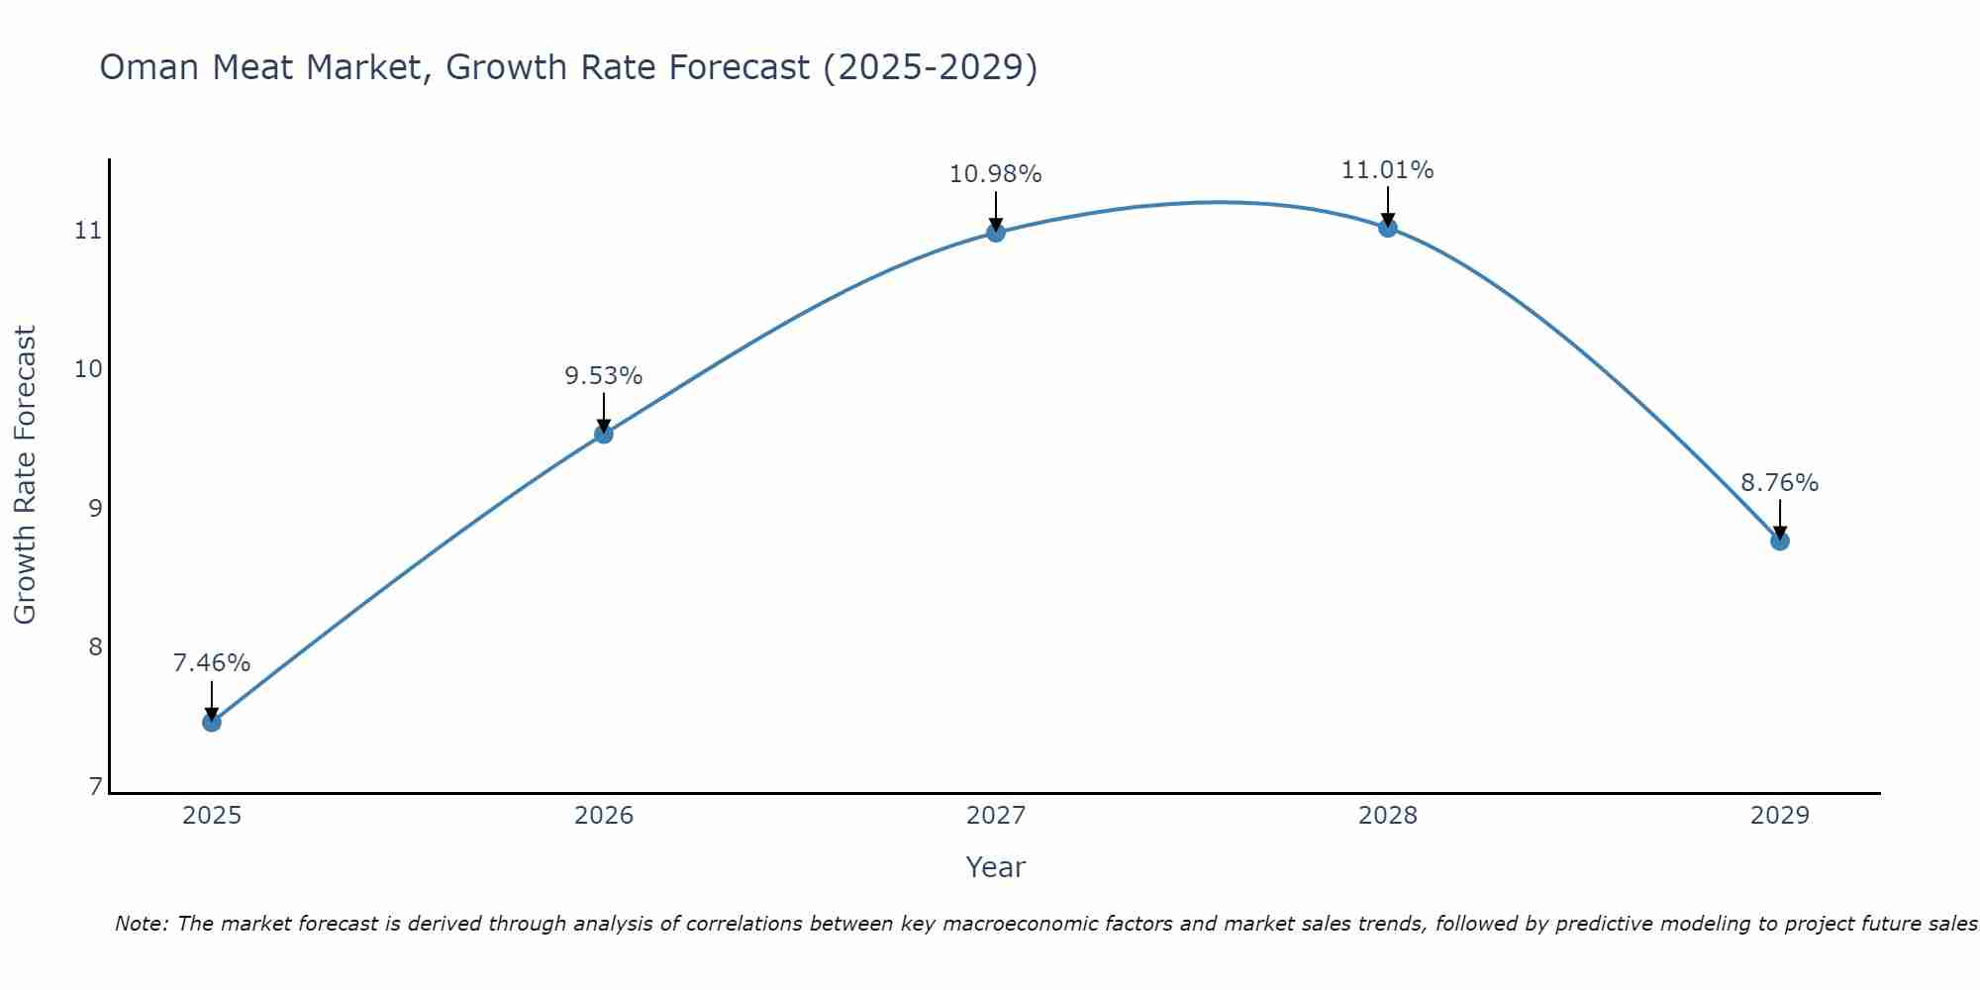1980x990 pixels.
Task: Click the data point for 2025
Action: pyautogui.click(x=212, y=722)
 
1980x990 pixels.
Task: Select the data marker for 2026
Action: pyautogui.click(x=604, y=434)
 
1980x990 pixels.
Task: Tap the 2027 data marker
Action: pyautogui.click(x=996, y=233)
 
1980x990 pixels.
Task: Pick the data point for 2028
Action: pyautogui.click(x=1388, y=228)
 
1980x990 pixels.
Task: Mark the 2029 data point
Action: pyautogui.click(x=1779, y=541)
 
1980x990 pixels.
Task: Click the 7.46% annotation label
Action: pyautogui.click(x=212, y=663)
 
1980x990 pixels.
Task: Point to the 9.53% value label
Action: pyautogui.click(x=604, y=376)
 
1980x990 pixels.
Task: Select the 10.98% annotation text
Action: pyautogui.click(x=996, y=174)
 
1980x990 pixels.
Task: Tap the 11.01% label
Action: pyautogui.click(x=1388, y=170)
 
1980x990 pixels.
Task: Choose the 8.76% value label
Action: pyautogui.click(x=1779, y=483)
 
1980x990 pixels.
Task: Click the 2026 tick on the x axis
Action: pyautogui.click(x=604, y=816)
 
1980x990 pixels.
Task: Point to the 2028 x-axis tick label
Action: pyautogui.click(x=1388, y=816)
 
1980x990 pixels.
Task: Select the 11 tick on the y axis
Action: pyautogui.click(x=89, y=231)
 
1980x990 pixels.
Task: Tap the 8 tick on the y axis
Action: pyautogui.click(x=95, y=647)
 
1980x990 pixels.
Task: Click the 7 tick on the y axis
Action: pyautogui.click(x=95, y=787)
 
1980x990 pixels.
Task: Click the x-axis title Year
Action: pyautogui.click(x=996, y=867)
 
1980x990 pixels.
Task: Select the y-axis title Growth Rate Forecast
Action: pyautogui.click(x=26, y=475)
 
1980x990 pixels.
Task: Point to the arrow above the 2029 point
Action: pyautogui.click(x=1779, y=517)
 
